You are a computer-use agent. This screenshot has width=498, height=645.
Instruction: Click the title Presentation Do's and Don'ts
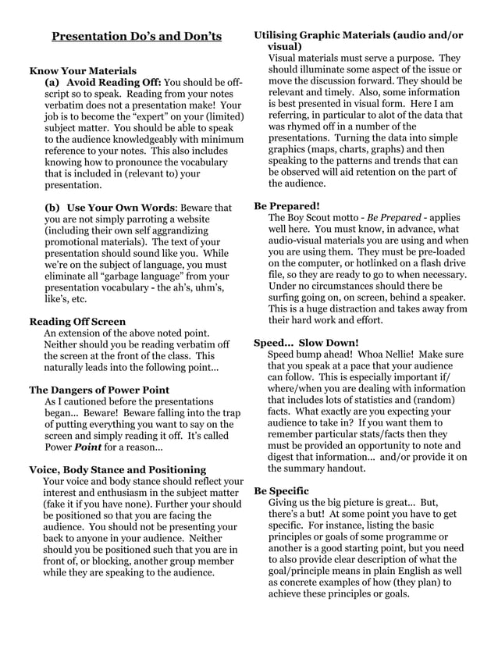[x=137, y=37]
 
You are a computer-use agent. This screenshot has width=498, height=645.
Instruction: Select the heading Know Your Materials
[x=83, y=70]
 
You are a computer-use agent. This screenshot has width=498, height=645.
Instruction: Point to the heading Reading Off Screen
[x=77, y=321]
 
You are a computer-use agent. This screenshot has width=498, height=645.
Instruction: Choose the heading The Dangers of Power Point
[x=99, y=390]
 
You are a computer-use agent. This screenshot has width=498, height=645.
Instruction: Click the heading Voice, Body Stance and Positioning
[x=117, y=469]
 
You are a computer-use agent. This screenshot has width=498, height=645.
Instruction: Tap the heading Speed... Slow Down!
[x=307, y=342]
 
